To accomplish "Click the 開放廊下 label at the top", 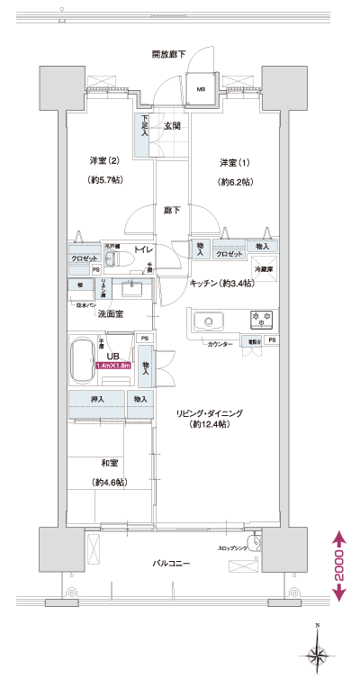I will click(168, 55).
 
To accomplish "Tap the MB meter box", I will click(201, 89).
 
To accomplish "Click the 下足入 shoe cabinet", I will click(142, 126).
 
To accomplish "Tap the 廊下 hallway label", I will click(171, 210).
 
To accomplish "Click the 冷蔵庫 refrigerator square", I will click(263, 267).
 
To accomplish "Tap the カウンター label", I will click(220, 344).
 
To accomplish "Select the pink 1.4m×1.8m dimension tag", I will click(113, 366).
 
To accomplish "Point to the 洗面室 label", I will click(110, 313).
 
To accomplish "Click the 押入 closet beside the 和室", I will click(97, 399).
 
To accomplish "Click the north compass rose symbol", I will click(317, 652).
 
